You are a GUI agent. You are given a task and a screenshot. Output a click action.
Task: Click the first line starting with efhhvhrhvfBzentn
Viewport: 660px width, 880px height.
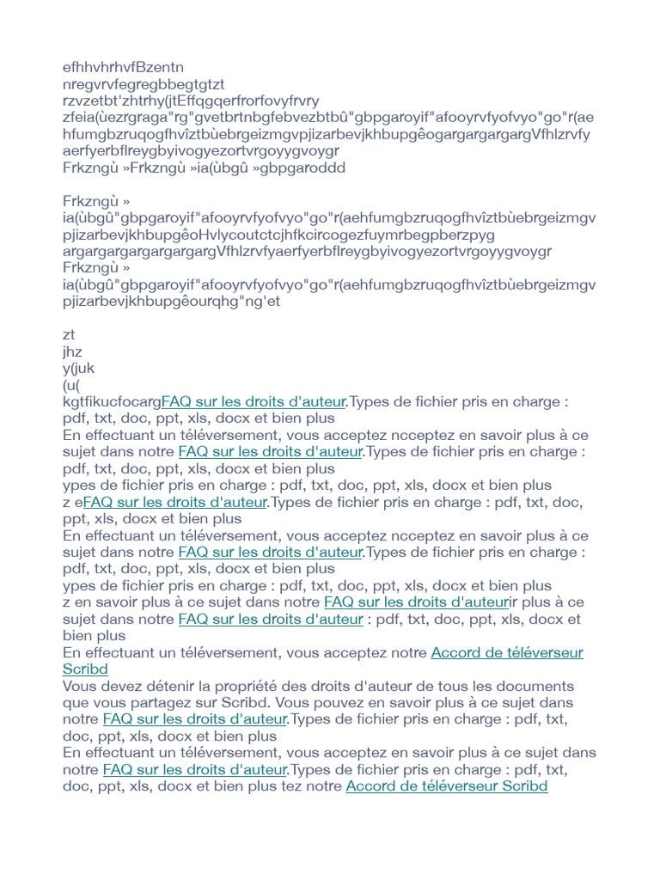[123, 67]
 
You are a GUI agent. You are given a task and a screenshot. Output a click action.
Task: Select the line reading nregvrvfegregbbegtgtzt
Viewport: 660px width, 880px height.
[144, 84]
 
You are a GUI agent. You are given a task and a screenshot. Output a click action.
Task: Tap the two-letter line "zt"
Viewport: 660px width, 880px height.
[69, 335]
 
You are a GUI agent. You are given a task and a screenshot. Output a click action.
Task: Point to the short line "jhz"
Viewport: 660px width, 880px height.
[72, 351]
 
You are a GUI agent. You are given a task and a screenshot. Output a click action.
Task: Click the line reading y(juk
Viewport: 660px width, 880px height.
[78, 369]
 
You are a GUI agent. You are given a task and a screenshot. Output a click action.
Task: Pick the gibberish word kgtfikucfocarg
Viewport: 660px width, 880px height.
[112, 402]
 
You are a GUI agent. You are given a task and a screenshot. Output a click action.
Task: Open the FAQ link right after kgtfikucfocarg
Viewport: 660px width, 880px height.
[254, 402]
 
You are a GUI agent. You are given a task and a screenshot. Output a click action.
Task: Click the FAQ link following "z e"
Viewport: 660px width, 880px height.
[175, 503]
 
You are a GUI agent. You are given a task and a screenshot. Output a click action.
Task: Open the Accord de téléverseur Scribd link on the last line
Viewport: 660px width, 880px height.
[446, 786]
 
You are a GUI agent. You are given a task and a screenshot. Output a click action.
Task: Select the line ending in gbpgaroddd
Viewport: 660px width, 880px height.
[204, 168]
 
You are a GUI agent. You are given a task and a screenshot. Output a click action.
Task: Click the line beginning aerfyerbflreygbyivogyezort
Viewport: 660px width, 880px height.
[201, 151]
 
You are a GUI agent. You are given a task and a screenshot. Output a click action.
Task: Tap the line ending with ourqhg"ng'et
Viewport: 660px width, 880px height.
[172, 302]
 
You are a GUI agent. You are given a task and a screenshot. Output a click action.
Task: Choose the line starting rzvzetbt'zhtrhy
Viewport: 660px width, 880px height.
[191, 101]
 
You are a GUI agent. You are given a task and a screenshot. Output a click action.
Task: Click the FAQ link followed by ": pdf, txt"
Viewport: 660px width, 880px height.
[271, 620]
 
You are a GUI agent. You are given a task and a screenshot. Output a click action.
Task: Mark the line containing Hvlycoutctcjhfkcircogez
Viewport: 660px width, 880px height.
[266, 235]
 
